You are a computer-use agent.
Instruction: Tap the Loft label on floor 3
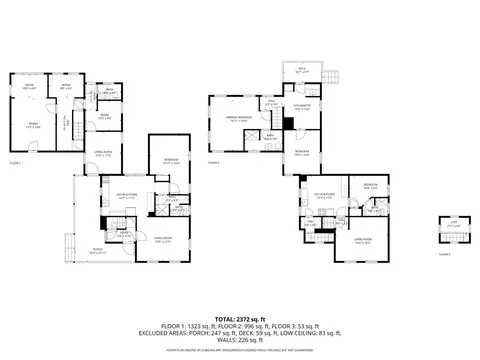click(x=452, y=224)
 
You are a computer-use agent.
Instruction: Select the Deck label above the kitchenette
click(x=303, y=70)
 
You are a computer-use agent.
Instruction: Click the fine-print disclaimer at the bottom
click(x=240, y=353)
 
